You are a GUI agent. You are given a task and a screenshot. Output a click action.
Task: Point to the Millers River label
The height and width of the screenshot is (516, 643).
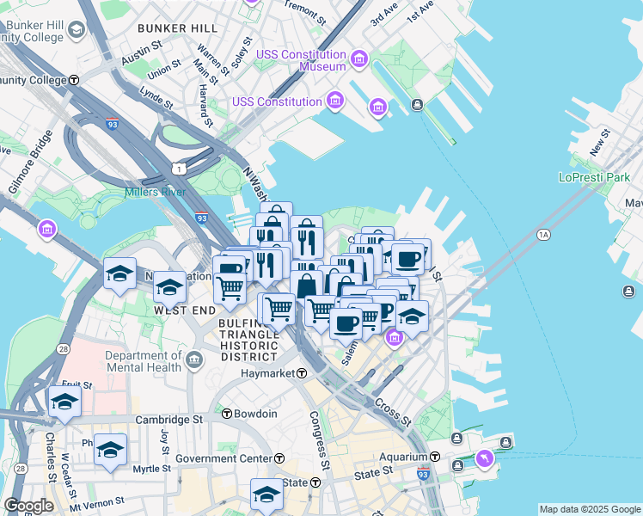tap(155, 191)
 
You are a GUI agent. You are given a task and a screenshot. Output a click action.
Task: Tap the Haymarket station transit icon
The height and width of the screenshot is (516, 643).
tap(302, 373)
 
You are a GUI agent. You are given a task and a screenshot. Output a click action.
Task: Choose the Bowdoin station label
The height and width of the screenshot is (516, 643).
tap(256, 414)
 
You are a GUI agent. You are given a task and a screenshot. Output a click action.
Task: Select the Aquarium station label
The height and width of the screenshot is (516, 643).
tap(403, 457)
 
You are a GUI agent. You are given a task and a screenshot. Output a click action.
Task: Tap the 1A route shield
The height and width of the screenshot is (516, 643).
tap(542, 234)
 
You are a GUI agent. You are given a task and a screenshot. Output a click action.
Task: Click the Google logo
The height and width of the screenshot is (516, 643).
tap(28, 506)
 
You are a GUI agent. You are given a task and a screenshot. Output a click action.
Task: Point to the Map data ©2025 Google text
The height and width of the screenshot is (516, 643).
tap(591, 509)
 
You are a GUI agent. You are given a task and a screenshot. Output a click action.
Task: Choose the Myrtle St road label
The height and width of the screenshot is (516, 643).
tap(152, 469)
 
